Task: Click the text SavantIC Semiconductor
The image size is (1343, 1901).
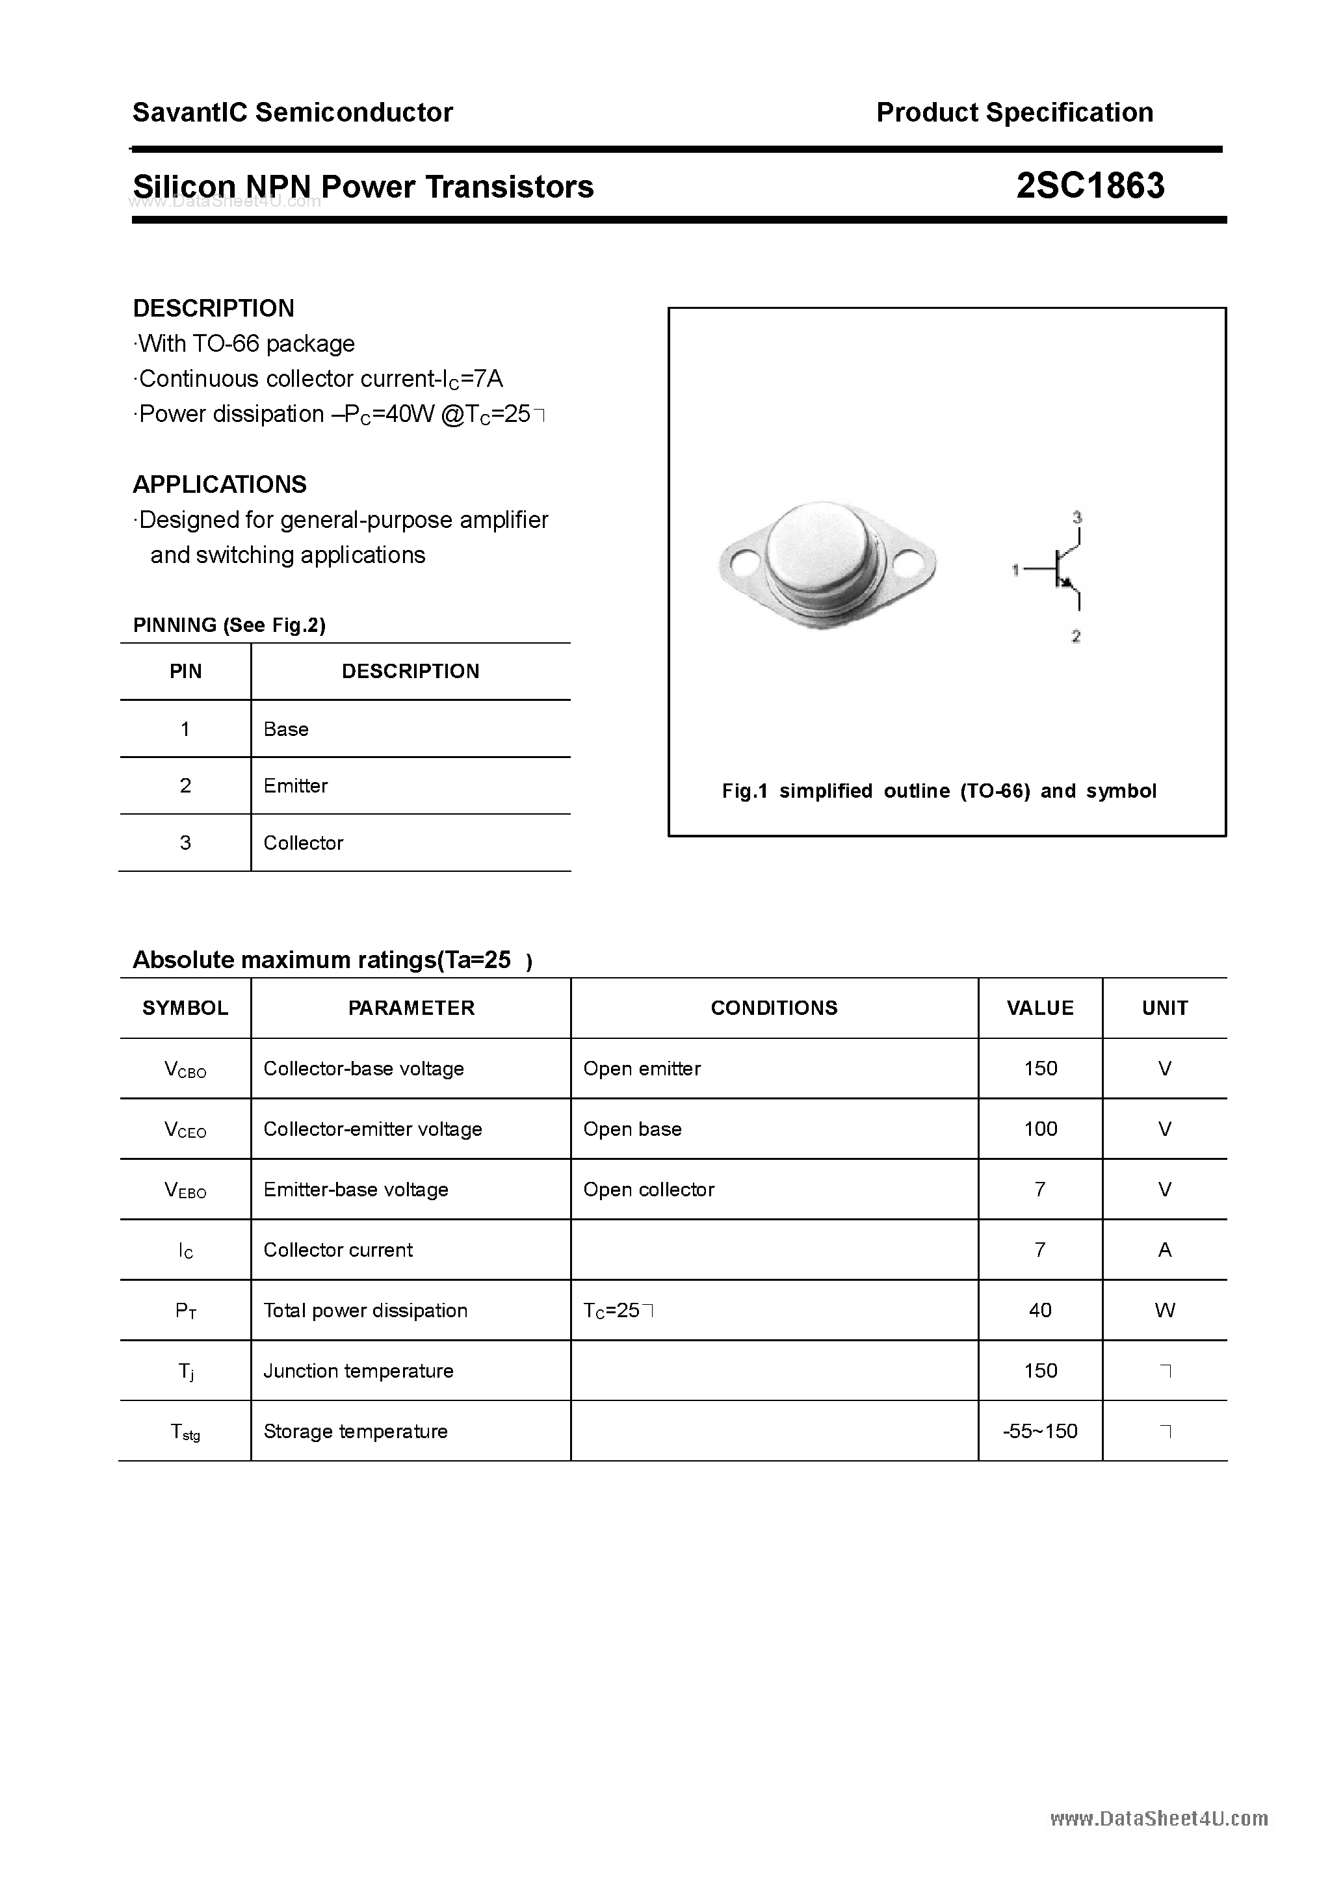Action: pos(293,112)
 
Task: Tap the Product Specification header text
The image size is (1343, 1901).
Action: pos(1014,112)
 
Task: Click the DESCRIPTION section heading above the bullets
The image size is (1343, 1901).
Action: pos(214,308)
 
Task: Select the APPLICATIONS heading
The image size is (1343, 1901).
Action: pos(220,484)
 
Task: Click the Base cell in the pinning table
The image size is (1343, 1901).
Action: pos(285,729)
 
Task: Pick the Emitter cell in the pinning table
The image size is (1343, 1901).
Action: pos(296,786)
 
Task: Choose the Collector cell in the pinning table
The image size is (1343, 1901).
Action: pos(303,843)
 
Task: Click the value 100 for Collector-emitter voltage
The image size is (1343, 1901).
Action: pos(1040,1129)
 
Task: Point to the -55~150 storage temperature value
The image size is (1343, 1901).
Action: pos(1040,1432)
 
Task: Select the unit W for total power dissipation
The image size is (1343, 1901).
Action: pos(1164,1311)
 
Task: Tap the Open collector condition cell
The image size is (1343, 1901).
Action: pos(648,1190)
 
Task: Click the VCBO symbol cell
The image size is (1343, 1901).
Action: pos(185,1069)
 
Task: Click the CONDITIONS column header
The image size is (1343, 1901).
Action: pos(774,1008)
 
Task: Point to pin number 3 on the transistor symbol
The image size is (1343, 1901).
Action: pos(1076,518)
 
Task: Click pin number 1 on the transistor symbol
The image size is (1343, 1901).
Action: pos(1015,570)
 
